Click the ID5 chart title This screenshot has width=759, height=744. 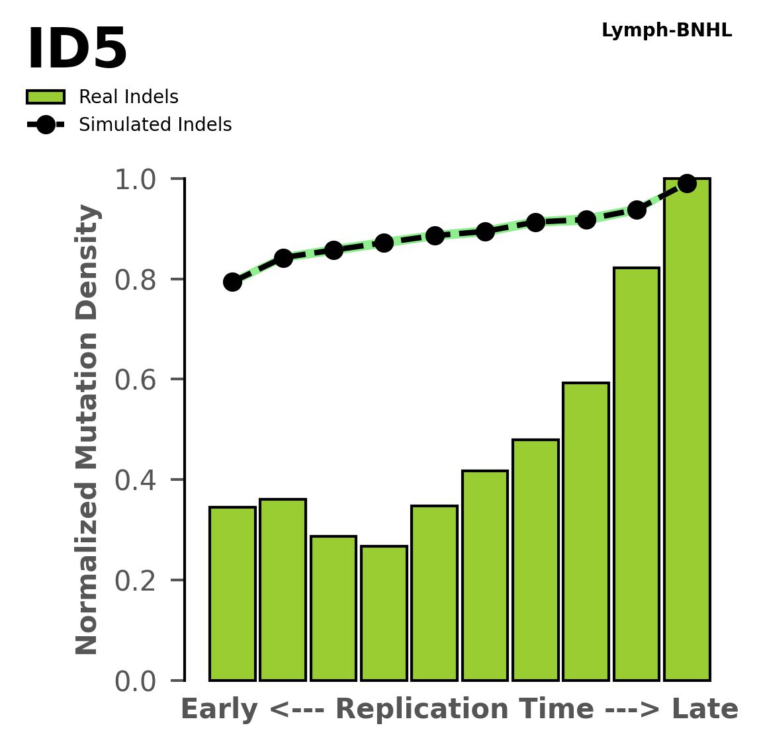click(77, 50)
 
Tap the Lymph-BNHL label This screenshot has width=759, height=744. click(666, 31)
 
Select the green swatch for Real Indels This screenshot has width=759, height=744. click(46, 97)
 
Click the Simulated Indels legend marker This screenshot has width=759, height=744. click(46, 125)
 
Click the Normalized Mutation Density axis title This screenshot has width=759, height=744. click(87, 430)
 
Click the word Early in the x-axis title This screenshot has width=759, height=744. click(220, 710)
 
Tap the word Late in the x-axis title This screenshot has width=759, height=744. click(704, 710)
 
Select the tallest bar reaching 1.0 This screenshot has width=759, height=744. click(687, 430)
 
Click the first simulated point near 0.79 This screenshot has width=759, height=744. click(232, 282)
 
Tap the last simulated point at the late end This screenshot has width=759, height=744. click(687, 183)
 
